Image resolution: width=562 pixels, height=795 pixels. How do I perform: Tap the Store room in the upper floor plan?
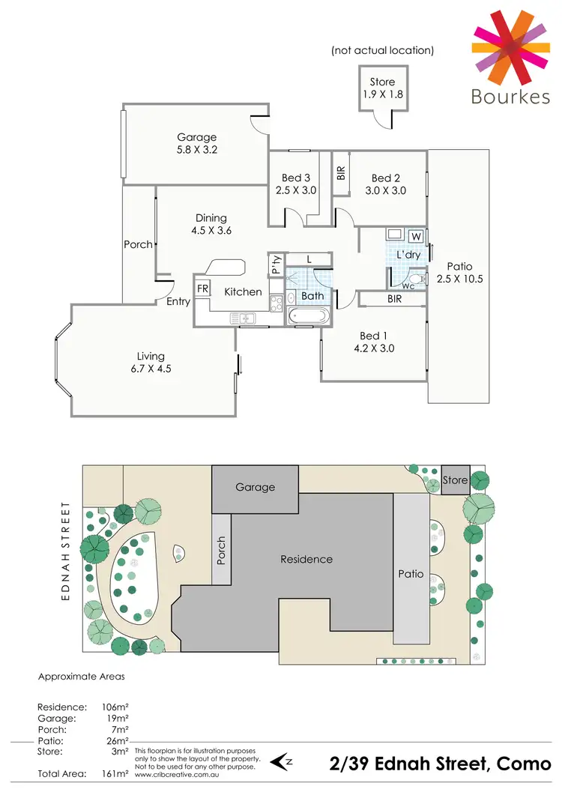coord(382,90)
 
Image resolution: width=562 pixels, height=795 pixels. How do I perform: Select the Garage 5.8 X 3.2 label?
coord(197,143)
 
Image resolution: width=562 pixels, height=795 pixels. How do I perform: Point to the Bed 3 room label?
coord(296,178)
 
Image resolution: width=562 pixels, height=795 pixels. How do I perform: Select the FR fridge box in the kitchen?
coord(202,288)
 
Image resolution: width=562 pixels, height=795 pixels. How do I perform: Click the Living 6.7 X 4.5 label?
coord(151,363)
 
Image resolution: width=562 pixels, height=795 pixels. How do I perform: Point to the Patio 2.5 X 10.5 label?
coord(459,273)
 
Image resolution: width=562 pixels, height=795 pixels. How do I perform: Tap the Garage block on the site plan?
coord(255,487)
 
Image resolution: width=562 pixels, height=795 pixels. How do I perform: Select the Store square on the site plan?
coord(455,480)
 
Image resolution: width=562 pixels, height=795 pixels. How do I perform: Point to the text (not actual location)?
coord(382,51)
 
